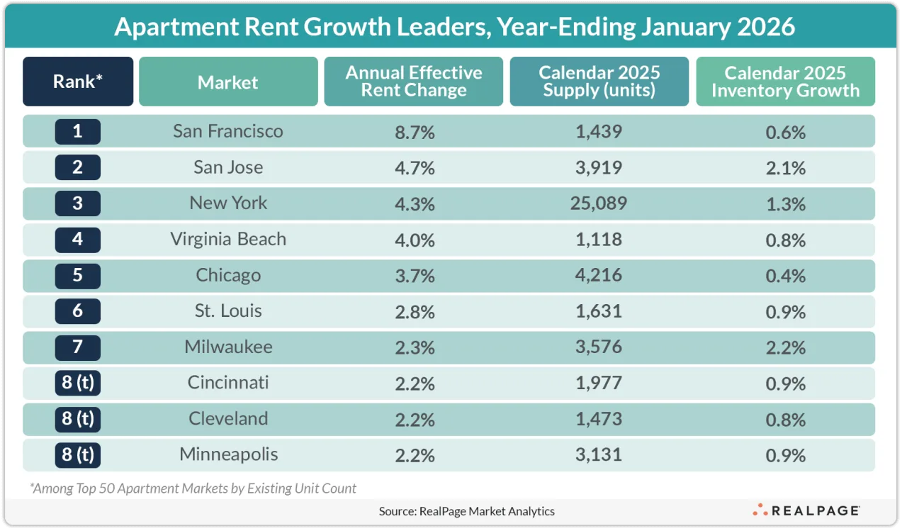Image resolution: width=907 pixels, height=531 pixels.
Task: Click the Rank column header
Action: coord(78,82)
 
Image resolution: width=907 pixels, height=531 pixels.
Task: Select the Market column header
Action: coord(228,82)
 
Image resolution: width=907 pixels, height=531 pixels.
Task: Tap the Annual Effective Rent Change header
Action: coord(414,82)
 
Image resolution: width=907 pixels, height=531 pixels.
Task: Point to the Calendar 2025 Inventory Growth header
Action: coord(785,82)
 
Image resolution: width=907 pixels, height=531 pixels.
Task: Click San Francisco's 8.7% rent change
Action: coord(414,132)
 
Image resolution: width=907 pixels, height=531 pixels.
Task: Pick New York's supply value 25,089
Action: coord(599,203)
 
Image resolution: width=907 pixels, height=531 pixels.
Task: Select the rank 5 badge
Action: coord(78,275)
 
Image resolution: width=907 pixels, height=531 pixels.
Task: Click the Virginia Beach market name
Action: coord(228,239)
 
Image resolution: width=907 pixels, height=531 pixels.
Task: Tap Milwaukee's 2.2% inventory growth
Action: coord(785,347)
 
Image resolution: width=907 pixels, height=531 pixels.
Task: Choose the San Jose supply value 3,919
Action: coord(599,168)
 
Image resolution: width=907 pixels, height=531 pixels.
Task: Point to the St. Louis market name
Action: coord(228,311)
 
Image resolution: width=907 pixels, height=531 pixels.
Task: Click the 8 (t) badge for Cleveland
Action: coord(78,419)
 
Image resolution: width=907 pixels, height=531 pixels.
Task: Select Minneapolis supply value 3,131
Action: coord(599,454)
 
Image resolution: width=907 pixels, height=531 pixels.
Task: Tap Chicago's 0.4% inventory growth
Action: coord(785,275)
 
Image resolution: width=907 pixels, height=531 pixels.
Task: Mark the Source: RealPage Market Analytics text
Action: coord(466,510)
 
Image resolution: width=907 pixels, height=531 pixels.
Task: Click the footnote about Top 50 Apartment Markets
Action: coord(193,488)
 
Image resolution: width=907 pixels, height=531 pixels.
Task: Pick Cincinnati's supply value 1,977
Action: coord(599,383)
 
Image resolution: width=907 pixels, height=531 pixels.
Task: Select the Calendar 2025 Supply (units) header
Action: coord(599,82)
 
